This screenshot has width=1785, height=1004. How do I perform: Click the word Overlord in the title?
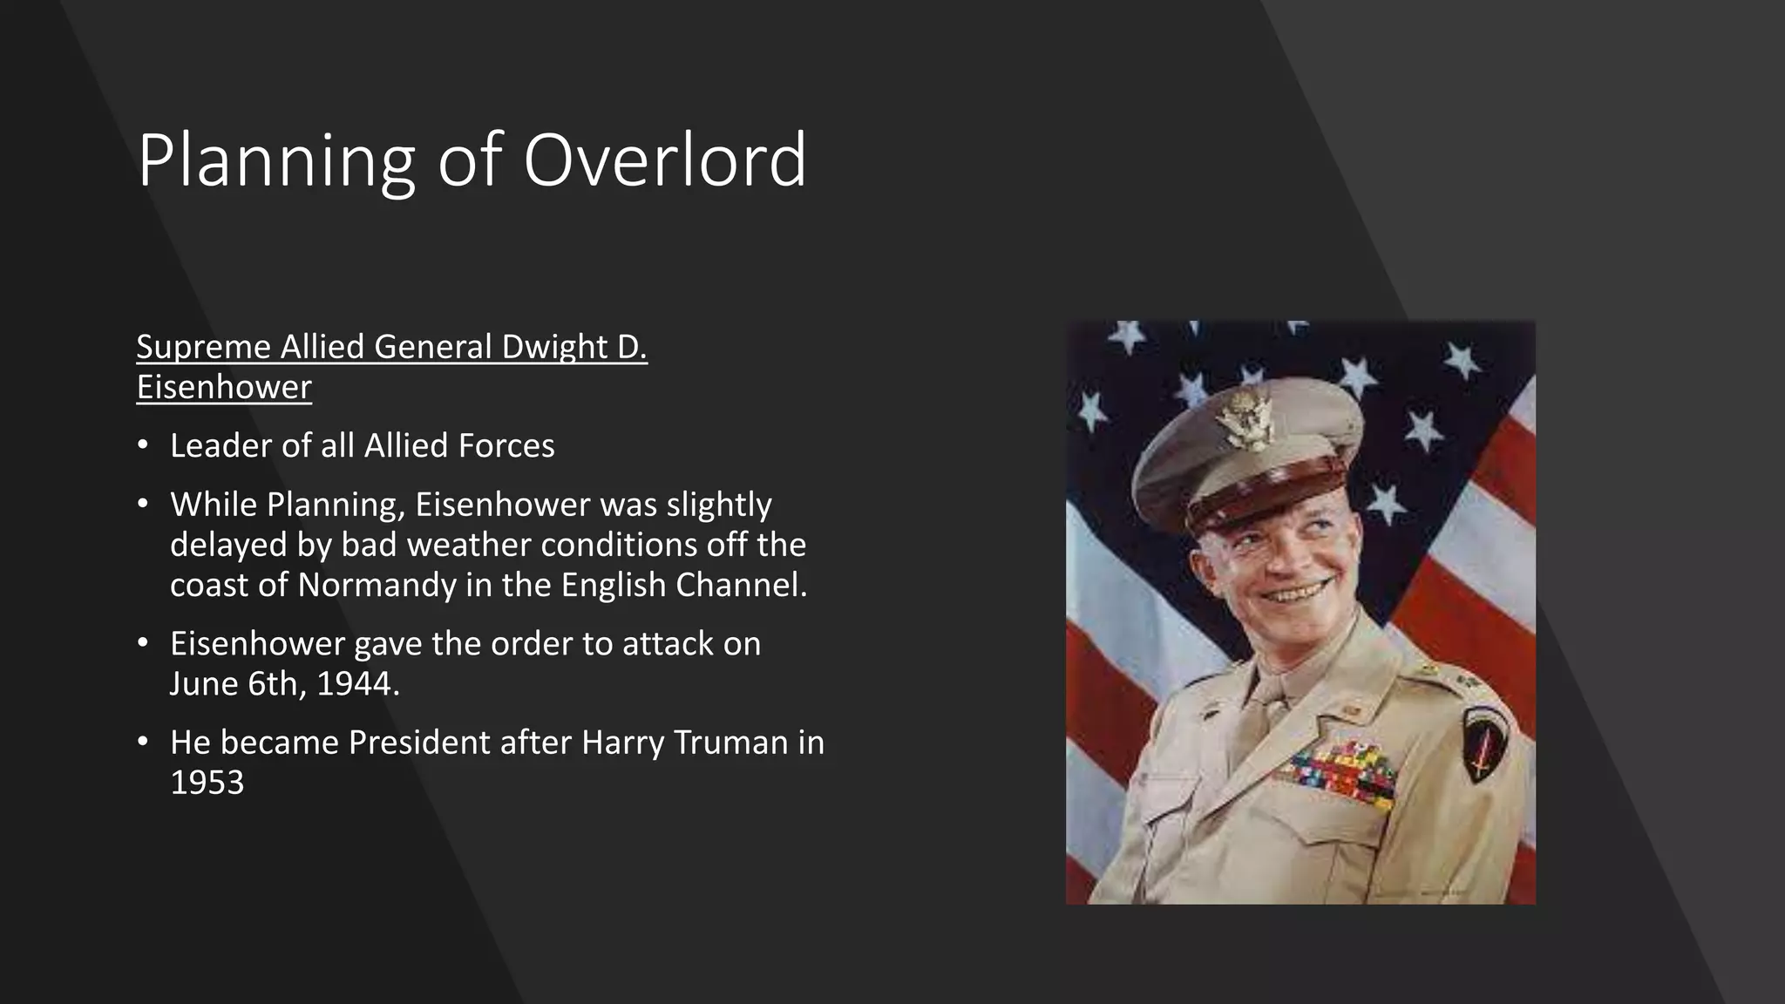(x=664, y=160)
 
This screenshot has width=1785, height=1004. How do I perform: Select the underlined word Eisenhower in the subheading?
(x=224, y=387)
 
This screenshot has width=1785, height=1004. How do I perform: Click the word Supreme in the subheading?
(x=203, y=347)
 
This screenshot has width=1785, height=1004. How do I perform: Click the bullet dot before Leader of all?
(x=143, y=445)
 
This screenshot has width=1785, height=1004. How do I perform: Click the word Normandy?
(x=377, y=585)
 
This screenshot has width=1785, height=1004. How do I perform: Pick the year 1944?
(x=357, y=684)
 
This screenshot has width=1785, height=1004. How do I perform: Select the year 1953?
(x=207, y=783)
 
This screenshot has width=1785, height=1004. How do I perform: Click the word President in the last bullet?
(x=459, y=743)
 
